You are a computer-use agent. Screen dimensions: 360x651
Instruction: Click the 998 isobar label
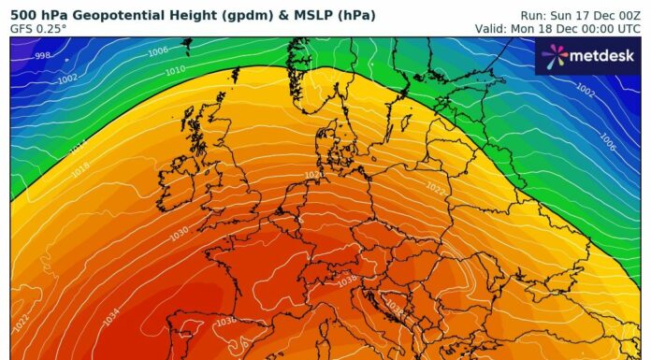pyautogui.click(x=43, y=56)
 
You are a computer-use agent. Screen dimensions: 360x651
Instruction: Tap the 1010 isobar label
pyautogui.click(x=175, y=71)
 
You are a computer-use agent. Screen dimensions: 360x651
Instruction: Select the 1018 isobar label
pyautogui.click(x=81, y=168)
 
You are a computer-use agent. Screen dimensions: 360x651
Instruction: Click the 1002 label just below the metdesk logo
pyautogui.click(x=585, y=90)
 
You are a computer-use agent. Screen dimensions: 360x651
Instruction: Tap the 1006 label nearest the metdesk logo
pyautogui.click(x=607, y=142)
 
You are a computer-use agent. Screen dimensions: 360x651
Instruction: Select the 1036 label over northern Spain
pyautogui.click(x=225, y=322)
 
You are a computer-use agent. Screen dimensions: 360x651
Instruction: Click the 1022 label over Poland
pyautogui.click(x=436, y=188)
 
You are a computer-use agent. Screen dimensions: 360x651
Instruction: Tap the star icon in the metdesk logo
pyautogui.click(x=554, y=57)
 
